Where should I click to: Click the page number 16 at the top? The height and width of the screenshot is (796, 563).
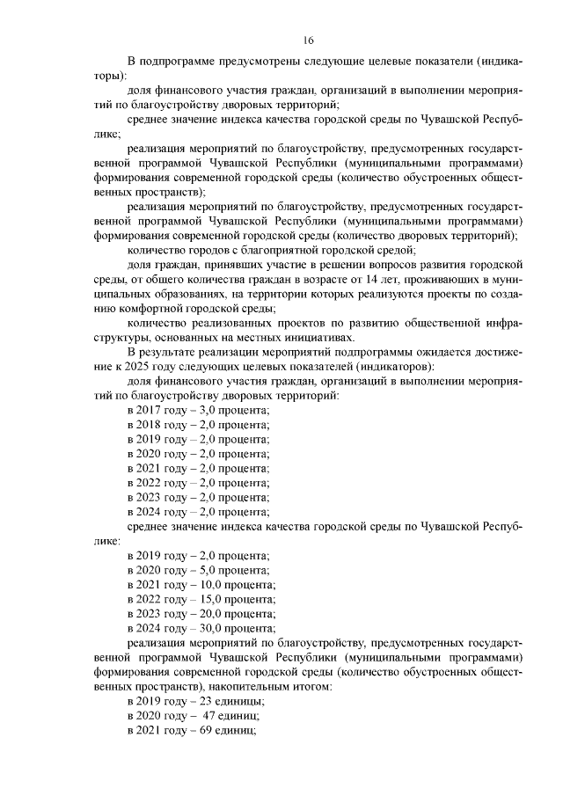tap(309, 40)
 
